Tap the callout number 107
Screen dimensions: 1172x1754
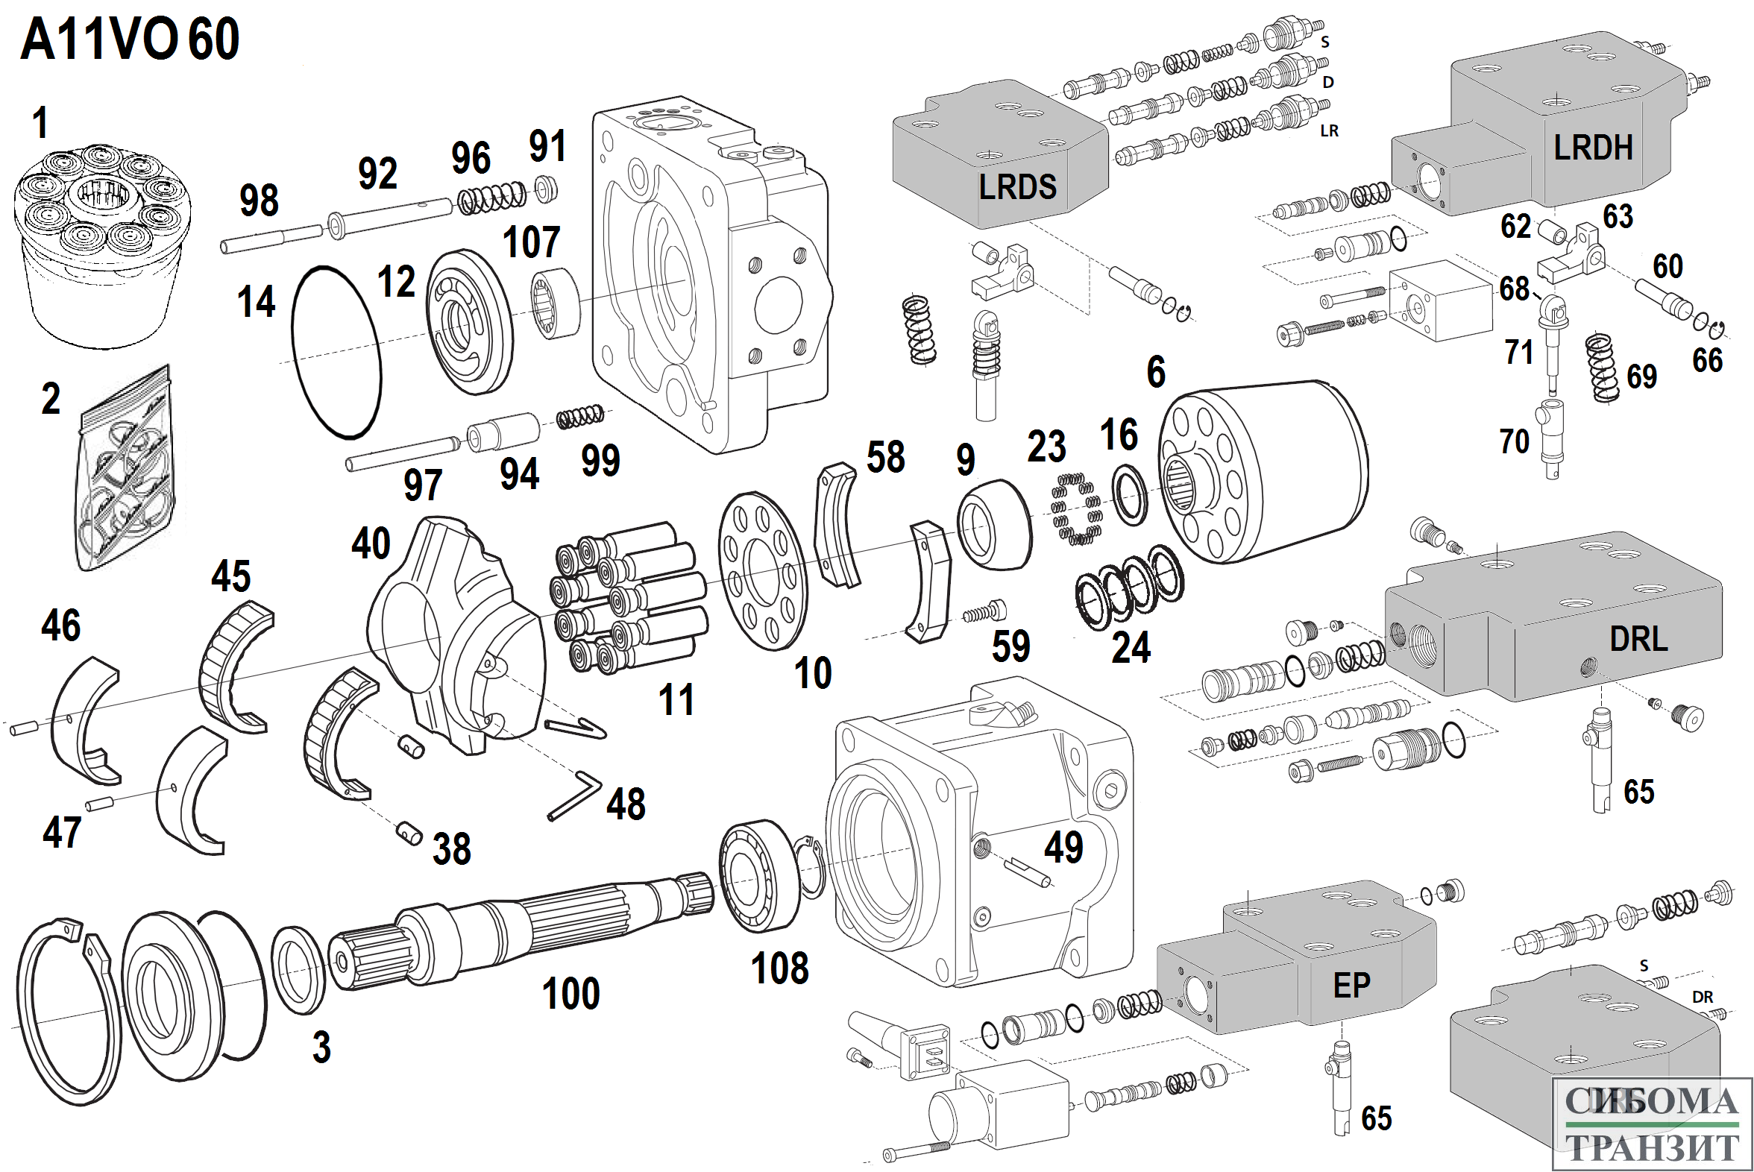point(531,242)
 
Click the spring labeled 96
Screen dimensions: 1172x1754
point(492,198)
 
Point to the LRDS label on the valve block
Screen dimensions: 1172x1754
point(1017,187)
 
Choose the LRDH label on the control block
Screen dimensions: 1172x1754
point(1592,148)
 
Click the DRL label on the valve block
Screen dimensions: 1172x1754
point(1638,639)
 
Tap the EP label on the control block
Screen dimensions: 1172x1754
point(1351,986)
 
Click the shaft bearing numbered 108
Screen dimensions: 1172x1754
point(758,876)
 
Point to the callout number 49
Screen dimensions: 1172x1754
point(1063,847)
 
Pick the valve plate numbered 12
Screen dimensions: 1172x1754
point(470,321)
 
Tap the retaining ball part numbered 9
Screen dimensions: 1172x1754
point(994,525)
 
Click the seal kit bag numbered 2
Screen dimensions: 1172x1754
point(128,471)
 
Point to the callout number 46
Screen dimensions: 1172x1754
point(60,625)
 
